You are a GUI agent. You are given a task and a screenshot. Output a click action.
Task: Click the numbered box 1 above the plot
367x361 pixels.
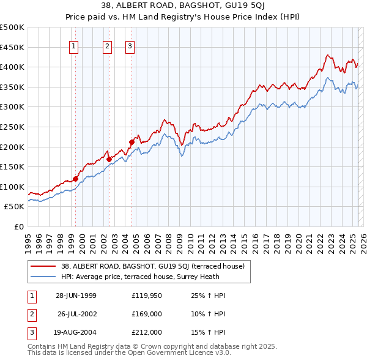click(x=74, y=46)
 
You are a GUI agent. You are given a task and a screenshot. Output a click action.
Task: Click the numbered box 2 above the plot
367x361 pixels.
click(x=108, y=46)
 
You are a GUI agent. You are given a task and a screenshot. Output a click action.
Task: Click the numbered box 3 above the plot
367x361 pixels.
click(x=130, y=46)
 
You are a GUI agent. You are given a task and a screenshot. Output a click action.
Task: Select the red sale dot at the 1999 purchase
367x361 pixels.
click(x=76, y=179)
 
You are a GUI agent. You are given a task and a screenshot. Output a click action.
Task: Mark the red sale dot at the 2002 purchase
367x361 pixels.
click(x=109, y=159)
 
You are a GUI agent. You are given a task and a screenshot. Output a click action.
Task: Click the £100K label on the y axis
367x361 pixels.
click(x=12, y=187)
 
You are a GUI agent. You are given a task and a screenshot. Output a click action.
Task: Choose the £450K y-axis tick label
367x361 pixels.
click(x=12, y=47)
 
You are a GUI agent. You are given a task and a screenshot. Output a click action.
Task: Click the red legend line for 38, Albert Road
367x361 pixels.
click(x=42, y=266)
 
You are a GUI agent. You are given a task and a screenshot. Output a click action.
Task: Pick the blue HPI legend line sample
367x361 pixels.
click(x=42, y=277)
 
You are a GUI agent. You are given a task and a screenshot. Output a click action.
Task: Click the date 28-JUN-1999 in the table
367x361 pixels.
click(x=76, y=296)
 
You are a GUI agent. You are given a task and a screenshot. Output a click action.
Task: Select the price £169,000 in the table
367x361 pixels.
click(x=147, y=314)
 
